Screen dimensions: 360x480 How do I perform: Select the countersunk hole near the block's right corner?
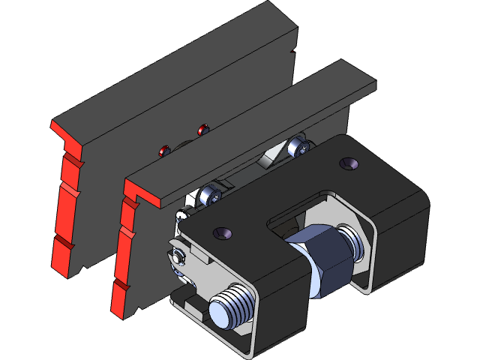[348, 163]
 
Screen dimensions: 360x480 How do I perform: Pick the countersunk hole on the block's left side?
[223, 233]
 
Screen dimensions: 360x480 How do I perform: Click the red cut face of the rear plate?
[66, 195]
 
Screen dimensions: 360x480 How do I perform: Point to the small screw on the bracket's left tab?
[177, 257]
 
